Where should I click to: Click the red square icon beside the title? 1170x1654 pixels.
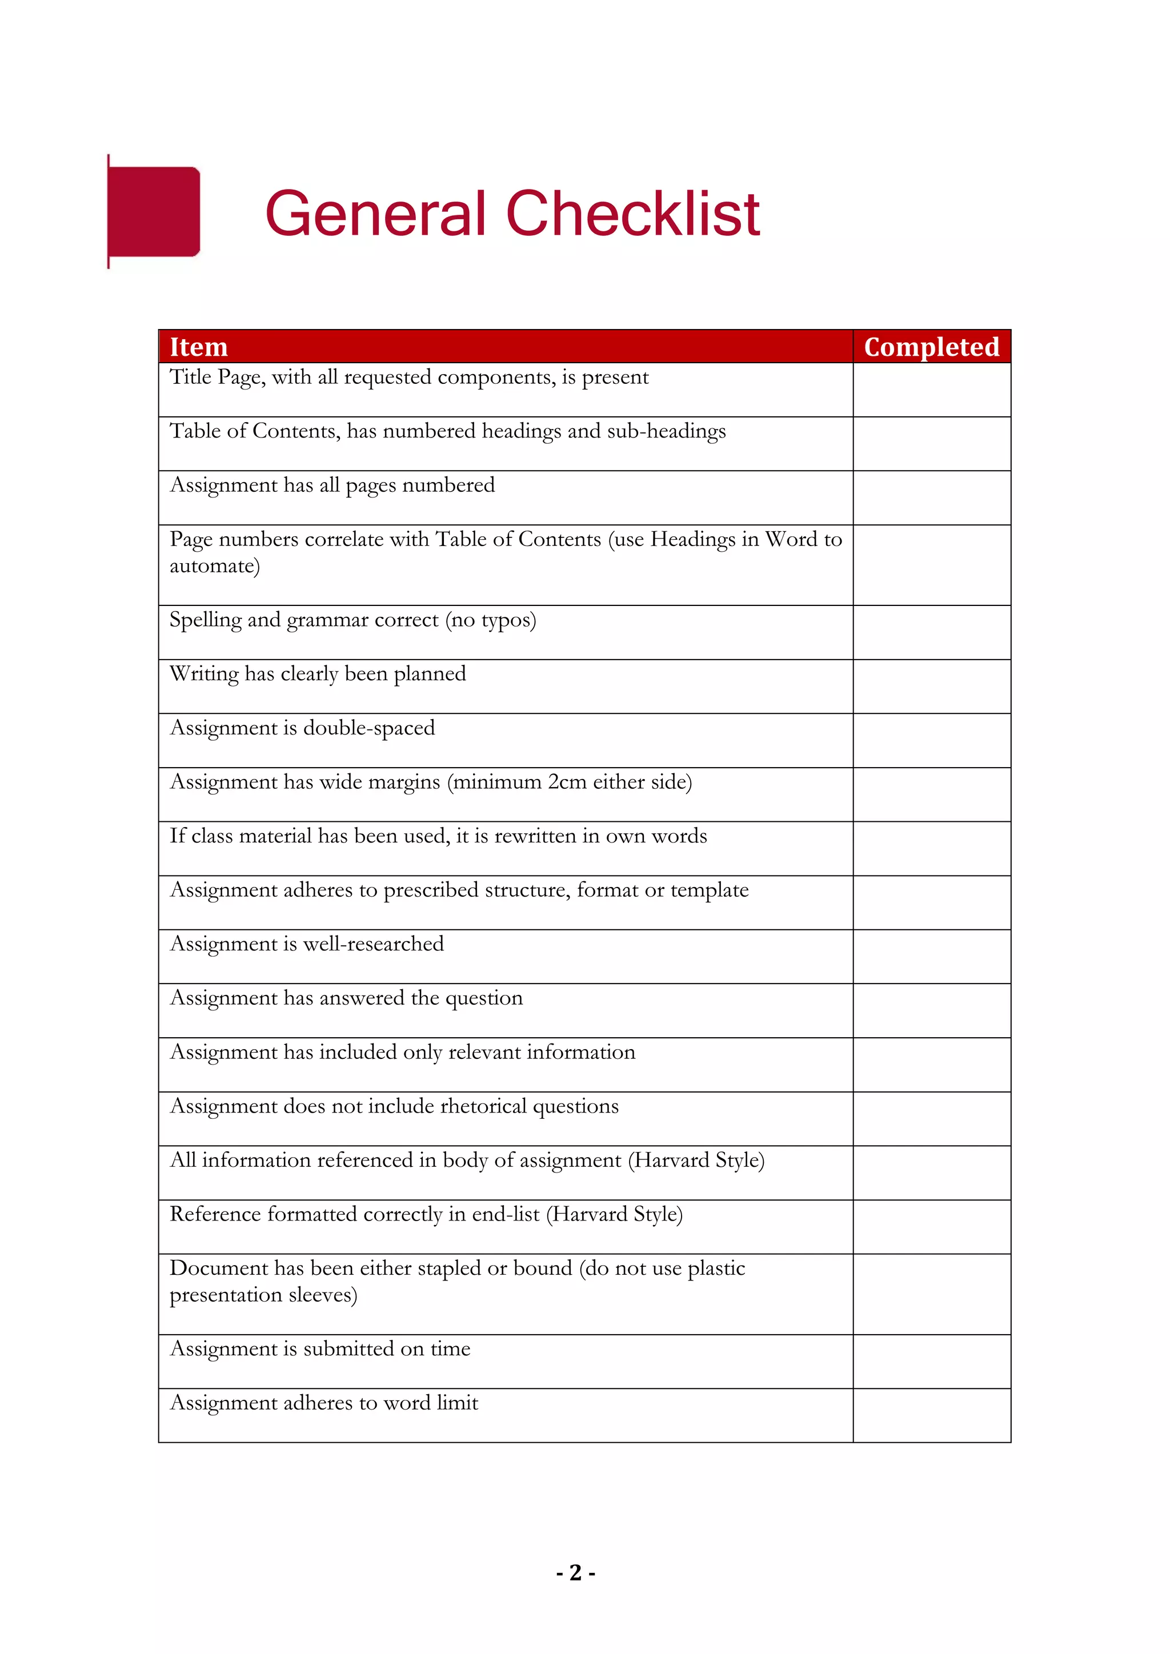pos(154,212)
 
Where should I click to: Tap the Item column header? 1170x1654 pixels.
pos(199,347)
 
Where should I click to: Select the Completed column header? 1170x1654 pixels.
pos(932,347)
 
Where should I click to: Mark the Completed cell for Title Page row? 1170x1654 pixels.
pos(932,390)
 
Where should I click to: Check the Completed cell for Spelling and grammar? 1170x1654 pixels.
pos(932,632)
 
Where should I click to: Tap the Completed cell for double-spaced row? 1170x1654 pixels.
pos(932,741)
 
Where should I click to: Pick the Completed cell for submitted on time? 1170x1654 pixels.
pos(932,1362)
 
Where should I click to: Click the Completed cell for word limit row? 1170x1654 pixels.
pos(932,1416)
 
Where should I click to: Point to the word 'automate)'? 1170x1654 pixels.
pos(215,566)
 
